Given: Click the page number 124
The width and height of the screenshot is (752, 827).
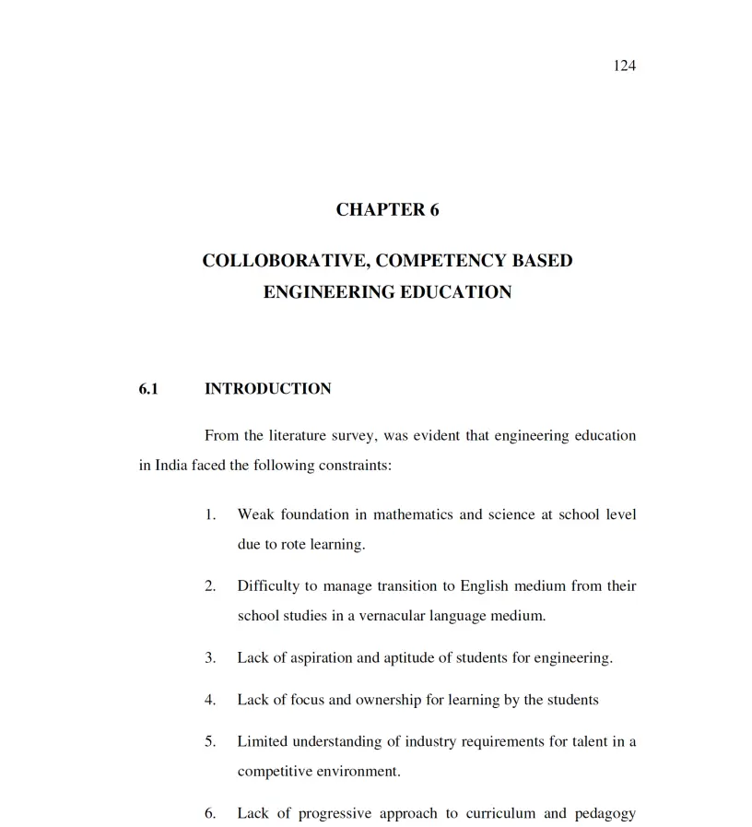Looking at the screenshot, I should (624, 65).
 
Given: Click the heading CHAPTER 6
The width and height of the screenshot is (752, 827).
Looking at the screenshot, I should (387, 209).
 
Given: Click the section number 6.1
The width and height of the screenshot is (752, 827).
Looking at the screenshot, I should (148, 389).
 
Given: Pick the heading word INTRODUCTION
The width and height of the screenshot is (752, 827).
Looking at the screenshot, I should (267, 389).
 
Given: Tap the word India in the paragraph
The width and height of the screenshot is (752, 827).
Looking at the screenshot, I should (172, 466).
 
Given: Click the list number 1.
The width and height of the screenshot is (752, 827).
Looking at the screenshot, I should (210, 514).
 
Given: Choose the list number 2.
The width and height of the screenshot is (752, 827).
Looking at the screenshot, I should (210, 586).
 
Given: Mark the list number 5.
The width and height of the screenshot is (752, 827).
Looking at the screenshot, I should (210, 742).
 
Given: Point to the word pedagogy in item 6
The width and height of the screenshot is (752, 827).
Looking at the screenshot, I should (605, 813).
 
